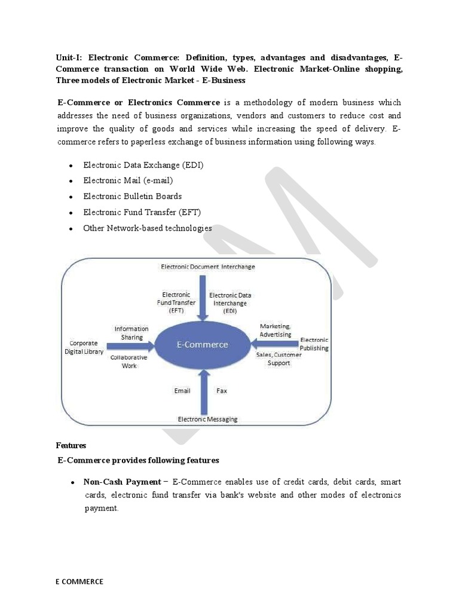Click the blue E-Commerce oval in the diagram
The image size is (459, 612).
click(201, 345)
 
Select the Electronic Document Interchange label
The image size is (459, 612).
click(207, 267)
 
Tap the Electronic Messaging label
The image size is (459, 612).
click(207, 419)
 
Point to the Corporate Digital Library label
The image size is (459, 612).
click(84, 347)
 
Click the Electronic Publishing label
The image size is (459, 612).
click(314, 344)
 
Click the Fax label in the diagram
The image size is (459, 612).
click(222, 391)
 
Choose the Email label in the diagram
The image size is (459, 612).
click(182, 391)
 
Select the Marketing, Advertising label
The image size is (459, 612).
click(276, 330)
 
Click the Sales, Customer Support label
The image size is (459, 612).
click(279, 359)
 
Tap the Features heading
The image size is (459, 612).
click(71, 445)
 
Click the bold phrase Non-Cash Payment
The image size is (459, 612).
click(122, 482)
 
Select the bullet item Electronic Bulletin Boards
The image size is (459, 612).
click(132, 196)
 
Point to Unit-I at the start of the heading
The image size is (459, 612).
click(70, 58)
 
